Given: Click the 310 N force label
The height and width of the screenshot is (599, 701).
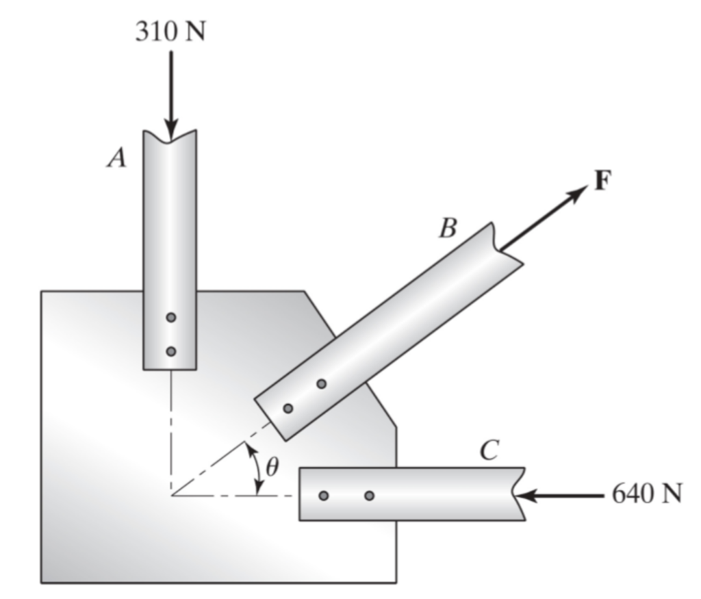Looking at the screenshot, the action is [x=170, y=31].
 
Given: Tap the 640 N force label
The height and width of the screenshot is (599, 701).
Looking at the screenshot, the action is [x=646, y=494].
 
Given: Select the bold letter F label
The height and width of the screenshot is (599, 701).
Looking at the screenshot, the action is [x=602, y=181].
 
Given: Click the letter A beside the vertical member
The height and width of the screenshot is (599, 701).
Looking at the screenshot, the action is [x=116, y=158].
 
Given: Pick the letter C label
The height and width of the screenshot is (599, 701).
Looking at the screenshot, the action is [x=489, y=450].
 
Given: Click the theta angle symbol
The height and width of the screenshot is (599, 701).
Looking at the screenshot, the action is [x=272, y=467].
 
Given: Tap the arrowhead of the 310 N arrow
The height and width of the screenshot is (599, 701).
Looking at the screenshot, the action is [x=170, y=129].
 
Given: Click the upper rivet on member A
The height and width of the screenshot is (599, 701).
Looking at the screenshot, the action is [x=170, y=317].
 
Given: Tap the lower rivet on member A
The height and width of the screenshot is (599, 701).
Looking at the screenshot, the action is [x=170, y=351].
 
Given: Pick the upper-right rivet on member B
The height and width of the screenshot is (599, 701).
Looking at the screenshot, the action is [x=321, y=383].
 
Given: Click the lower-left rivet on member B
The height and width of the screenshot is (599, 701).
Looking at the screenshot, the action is [x=288, y=408].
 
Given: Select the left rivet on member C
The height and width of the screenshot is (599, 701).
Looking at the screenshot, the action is [x=324, y=496].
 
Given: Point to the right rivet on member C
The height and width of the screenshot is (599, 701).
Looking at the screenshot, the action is [x=369, y=496].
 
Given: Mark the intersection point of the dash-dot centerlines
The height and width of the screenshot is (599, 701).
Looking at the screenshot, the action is [x=171, y=496].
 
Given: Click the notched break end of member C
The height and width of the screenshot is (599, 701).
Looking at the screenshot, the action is [x=519, y=494].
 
